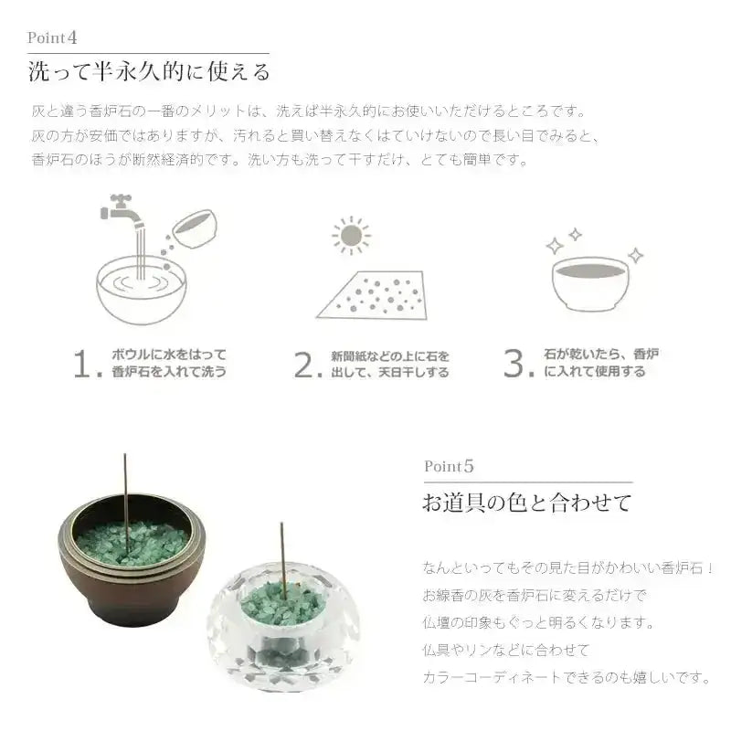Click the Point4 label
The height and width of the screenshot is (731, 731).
pos(52,38)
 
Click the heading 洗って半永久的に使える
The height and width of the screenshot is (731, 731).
pos(149,71)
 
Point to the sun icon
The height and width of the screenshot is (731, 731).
pos(351,236)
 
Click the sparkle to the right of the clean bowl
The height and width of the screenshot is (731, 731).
pos(634,255)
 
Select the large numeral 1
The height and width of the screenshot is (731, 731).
pos(84,364)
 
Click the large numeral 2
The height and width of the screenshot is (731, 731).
pos(305,364)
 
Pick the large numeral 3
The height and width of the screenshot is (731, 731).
pos(517,364)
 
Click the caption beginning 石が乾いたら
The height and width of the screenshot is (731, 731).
pos(600,355)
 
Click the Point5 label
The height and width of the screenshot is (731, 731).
pos(450,466)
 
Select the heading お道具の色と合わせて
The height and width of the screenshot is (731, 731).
pos(526,502)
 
